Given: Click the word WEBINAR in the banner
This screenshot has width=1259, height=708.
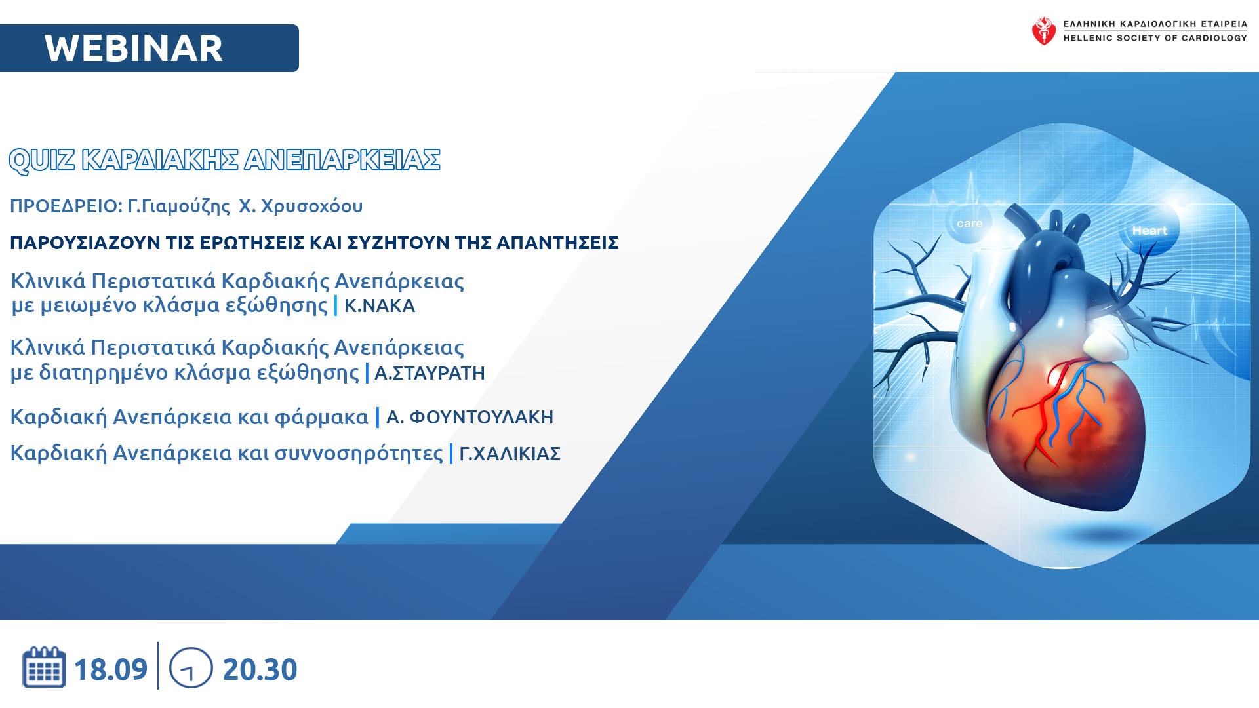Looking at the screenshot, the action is pyautogui.click(x=134, y=49).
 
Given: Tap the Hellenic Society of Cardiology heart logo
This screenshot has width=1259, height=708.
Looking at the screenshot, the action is pyautogui.click(x=1043, y=31).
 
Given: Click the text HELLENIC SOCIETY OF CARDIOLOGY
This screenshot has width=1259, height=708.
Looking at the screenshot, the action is pyautogui.click(x=1155, y=38).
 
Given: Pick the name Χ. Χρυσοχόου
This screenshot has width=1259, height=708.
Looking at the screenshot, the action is pyautogui.click(x=300, y=206).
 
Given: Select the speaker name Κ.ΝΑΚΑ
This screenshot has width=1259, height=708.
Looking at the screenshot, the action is pyautogui.click(x=380, y=306).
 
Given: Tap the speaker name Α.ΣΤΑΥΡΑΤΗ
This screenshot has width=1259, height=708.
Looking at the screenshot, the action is pyautogui.click(x=430, y=373).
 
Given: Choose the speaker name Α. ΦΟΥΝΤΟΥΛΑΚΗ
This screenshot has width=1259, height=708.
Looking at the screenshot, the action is pyautogui.click(x=470, y=417).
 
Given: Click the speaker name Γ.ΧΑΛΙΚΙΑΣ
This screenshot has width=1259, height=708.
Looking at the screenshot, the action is pyautogui.click(x=510, y=454).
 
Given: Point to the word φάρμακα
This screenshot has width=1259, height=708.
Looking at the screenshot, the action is pyautogui.click(x=321, y=418).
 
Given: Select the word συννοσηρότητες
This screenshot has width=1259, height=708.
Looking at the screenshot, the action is pyautogui.click(x=359, y=454).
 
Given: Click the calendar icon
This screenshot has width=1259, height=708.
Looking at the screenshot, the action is pyautogui.click(x=44, y=667).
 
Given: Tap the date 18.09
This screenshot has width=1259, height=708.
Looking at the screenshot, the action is pyautogui.click(x=111, y=669).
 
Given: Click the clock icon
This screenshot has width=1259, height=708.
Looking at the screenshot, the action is pyautogui.click(x=191, y=668).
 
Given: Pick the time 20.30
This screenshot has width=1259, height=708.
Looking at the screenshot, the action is pyautogui.click(x=260, y=669).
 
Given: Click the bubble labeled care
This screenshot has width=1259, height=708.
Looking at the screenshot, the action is pyautogui.click(x=969, y=223).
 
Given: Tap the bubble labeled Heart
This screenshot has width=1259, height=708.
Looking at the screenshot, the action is pyautogui.click(x=1149, y=230).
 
